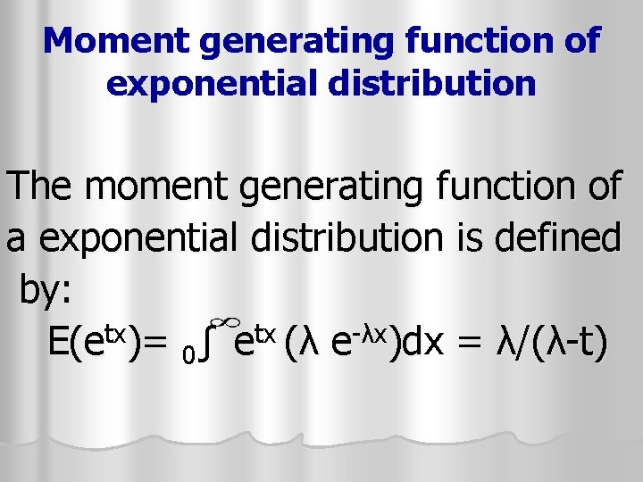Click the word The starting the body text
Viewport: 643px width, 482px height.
43,187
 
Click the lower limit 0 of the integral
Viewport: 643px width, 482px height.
187,354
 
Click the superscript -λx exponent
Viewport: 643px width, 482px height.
372,331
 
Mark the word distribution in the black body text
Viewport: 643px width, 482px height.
339,238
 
